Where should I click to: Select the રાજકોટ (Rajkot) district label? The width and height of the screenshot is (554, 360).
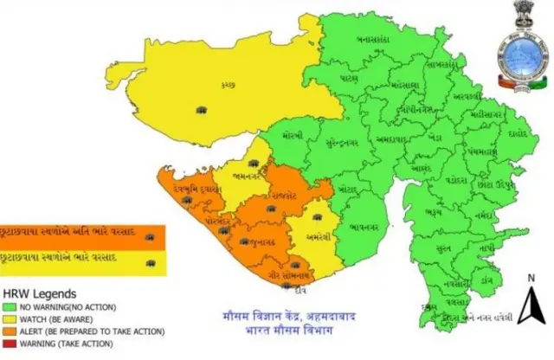pyautogui.click(x=284, y=196)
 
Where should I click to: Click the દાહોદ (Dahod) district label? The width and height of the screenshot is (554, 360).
pyautogui.click(x=517, y=134)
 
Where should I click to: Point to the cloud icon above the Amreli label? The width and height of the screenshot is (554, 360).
pyautogui.click(x=318, y=218)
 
